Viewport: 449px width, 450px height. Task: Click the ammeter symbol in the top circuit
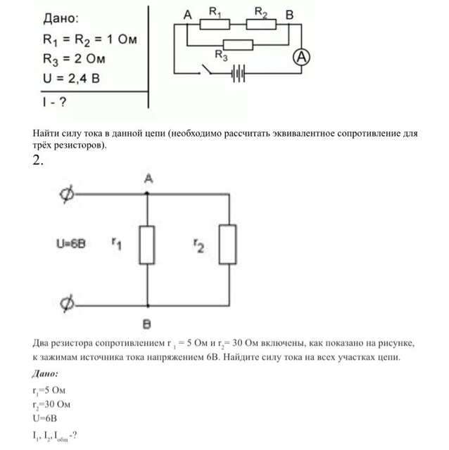(x=302, y=58)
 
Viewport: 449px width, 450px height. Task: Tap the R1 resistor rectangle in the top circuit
(x=215, y=23)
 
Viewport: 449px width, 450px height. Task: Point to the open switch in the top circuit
(x=207, y=70)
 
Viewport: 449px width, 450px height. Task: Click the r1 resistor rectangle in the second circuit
(x=146, y=245)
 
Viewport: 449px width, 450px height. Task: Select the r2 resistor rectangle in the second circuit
(x=227, y=245)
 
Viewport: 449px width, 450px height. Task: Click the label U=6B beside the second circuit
(x=71, y=245)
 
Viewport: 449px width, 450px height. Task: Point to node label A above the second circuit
(x=148, y=180)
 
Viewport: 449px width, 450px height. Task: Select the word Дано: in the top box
(x=62, y=19)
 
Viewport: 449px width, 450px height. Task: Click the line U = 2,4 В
(x=72, y=78)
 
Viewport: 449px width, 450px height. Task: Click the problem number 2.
(x=38, y=160)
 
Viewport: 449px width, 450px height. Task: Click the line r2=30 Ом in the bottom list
(x=51, y=404)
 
